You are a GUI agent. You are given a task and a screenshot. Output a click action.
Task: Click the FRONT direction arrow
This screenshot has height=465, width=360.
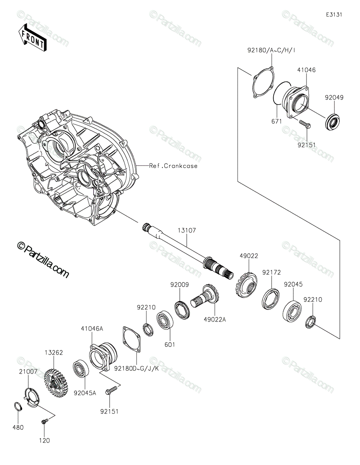tap(32, 38)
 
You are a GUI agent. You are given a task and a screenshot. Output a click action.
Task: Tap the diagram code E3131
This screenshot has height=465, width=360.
tap(334, 15)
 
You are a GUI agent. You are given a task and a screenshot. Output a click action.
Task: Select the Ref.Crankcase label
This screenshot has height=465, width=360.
tap(173, 166)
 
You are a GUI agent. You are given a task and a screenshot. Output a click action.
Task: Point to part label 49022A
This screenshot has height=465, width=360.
tap(215, 319)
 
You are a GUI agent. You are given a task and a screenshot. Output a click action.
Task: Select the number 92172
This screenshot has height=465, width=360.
tap(271, 273)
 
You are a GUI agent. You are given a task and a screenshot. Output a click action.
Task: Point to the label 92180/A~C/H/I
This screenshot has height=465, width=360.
tap(271, 50)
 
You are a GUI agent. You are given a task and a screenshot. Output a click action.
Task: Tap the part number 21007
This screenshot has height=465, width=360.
tap(28, 372)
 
